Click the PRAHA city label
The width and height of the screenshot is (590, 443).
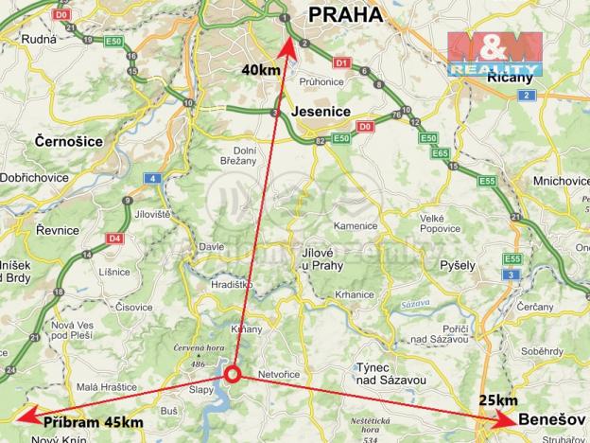point(344,14)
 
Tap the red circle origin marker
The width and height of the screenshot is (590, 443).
point(234,376)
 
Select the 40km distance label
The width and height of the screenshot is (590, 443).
point(260,69)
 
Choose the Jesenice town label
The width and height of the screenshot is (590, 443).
point(321,112)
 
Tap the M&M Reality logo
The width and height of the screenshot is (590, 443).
point(494,52)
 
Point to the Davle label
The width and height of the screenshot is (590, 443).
point(211,247)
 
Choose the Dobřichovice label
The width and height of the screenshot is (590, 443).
point(36,177)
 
